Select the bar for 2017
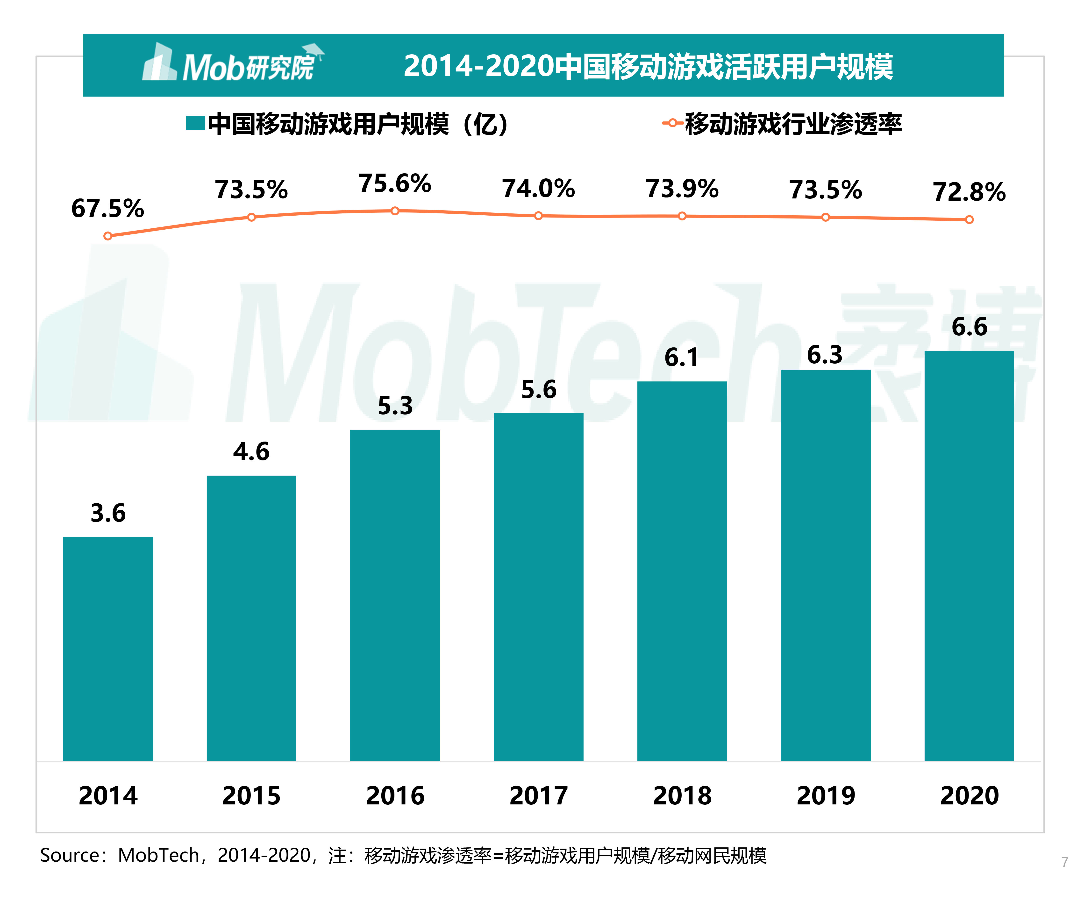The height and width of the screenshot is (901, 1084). point(538,587)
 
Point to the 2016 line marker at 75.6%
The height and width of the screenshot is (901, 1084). point(395,211)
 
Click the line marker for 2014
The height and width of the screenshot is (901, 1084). point(107,236)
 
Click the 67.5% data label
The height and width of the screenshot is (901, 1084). point(107,209)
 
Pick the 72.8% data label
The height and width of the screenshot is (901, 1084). point(969,192)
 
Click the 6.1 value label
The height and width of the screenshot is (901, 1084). point(681,357)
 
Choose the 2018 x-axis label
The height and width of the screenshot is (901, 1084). point(682,795)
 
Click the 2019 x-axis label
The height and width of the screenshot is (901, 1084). point(825,795)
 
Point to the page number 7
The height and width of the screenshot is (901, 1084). point(1064,862)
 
